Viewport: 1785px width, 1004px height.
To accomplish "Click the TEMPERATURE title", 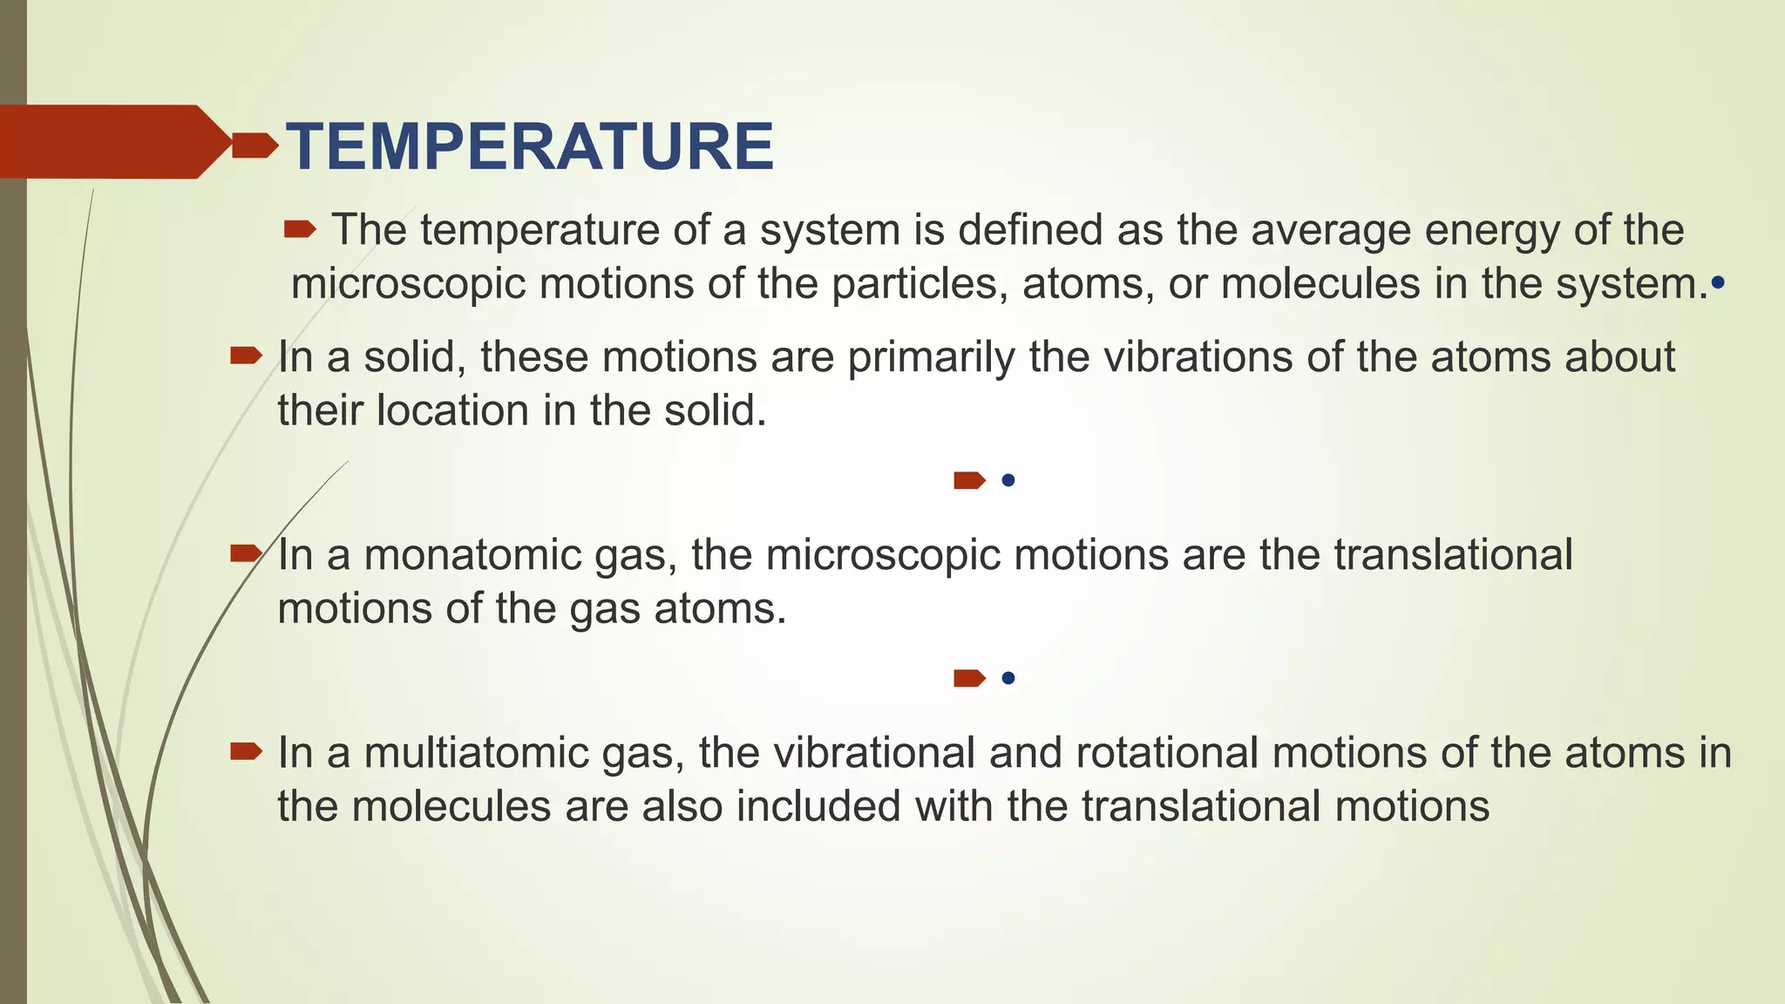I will tap(530, 146).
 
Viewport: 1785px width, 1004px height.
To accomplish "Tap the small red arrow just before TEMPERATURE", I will tap(255, 146).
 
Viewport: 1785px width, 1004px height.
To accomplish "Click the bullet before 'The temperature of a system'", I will tap(300, 230).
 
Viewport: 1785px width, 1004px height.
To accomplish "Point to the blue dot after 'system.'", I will tap(1718, 283).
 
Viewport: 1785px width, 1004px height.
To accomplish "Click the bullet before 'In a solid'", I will tap(246, 356).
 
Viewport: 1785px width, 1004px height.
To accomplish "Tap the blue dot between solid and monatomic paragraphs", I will tap(1008, 480).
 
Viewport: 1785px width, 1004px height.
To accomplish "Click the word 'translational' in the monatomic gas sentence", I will tap(1453, 555).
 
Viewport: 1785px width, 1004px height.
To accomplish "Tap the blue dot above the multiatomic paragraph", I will tap(1008, 678).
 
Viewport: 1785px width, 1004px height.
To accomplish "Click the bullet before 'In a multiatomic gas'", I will tap(246, 751).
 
